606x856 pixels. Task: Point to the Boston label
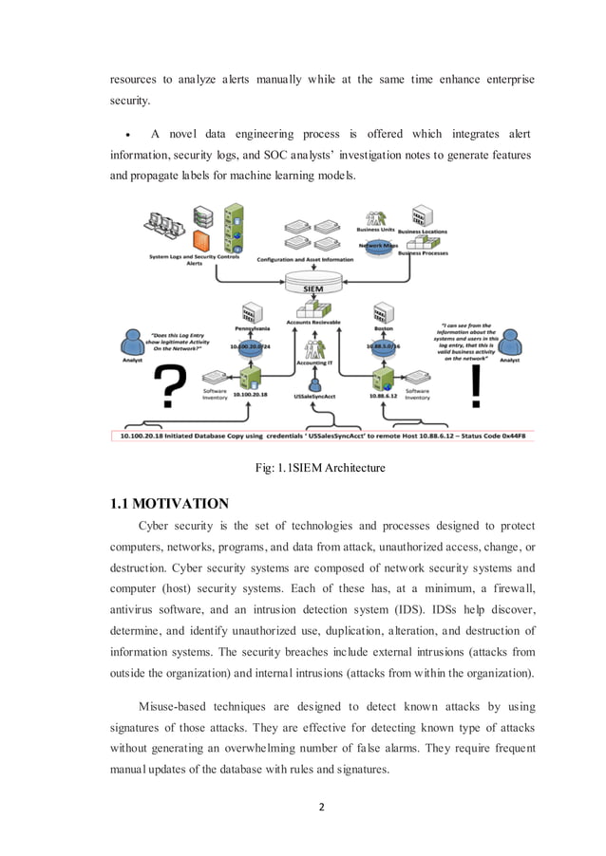tap(385, 328)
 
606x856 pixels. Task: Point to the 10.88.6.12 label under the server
tap(383, 393)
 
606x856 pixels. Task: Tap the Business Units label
tap(372, 230)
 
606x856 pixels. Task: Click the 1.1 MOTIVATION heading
tap(170, 504)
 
